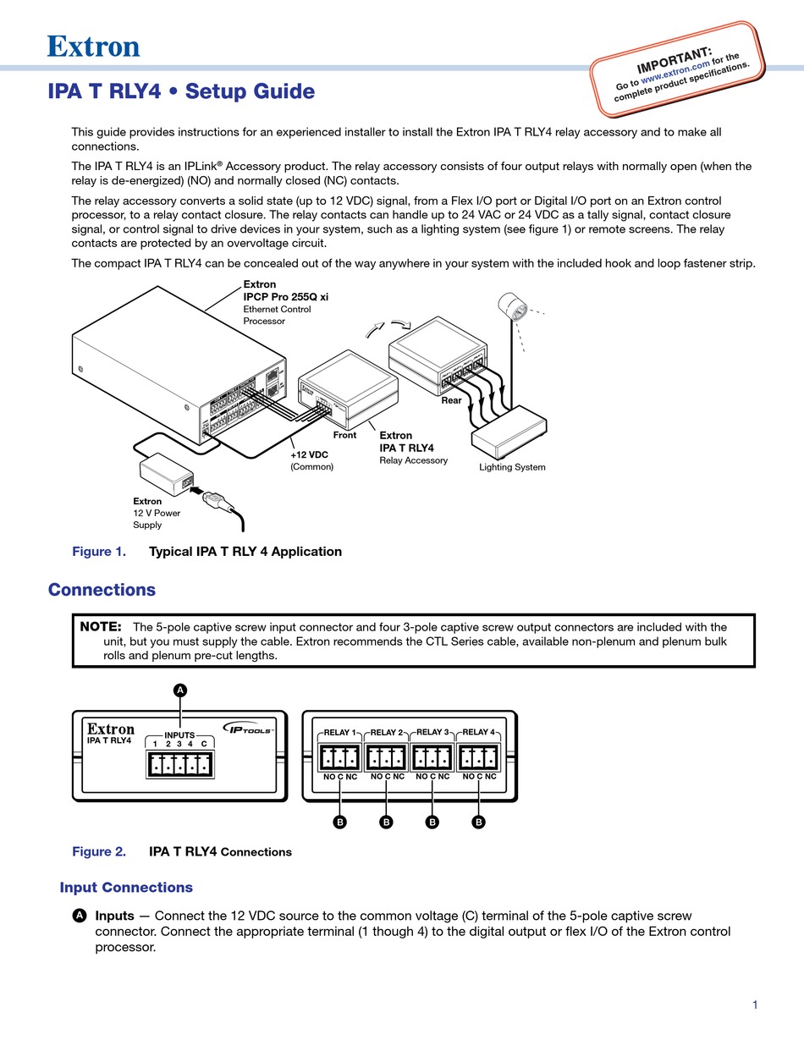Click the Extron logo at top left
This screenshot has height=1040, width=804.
pyautogui.click(x=93, y=47)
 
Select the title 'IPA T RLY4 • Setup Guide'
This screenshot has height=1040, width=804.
pyautogui.click(x=181, y=91)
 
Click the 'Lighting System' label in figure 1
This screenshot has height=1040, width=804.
pyautogui.click(x=512, y=467)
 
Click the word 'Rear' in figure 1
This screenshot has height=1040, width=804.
pyautogui.click(x=451, y=400)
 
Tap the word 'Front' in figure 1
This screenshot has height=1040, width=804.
pyautogui.click(x=344, y=435)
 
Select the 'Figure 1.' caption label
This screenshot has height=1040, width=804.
pyautogui.click(x=99, y=552)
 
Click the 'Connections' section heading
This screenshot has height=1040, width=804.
pyautogui.click(x=102, y=590)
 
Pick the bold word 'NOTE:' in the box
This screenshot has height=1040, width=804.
pyautogui.click(x=101, y=627)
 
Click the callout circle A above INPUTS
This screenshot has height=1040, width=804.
pyautogui.click(x=179, y=691)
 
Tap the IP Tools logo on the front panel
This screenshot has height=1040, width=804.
pyautogui.click(x=248, y=728)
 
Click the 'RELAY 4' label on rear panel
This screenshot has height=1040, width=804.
pyautogui.click(x=479, y=732)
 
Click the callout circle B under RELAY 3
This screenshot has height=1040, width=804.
pyautogui.click(x=432, y=822)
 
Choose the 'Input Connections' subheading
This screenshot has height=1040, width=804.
pyautogui.click(x=126, y=888)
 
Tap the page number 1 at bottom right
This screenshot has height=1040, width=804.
pyautogui.click(x=755, y=1004)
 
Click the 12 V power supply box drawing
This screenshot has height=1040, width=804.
pyautogui.click(x=166, y=474)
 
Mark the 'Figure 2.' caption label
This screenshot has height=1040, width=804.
pyautogui.click(x=99, y=852)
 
